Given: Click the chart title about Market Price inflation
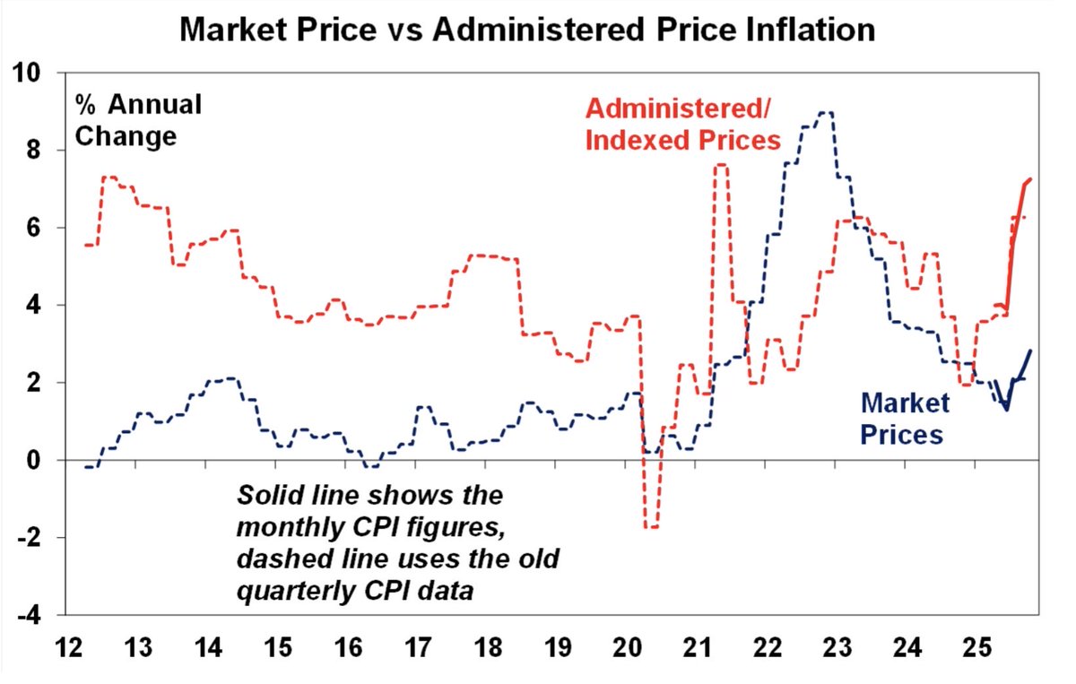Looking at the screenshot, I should tap(527, 30).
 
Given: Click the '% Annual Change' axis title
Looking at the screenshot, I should tap(137, 121).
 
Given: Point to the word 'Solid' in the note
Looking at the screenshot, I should tap(265, 496).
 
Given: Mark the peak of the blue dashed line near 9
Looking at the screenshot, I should tap(824, 113).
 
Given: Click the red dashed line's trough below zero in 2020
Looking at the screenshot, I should tap(652, 527).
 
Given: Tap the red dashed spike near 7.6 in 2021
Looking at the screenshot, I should tap(721, 166).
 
